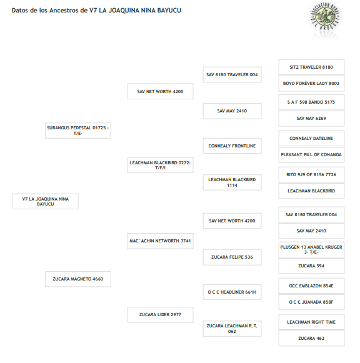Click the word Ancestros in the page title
click(x=64, y=11)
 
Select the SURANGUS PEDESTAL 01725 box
click(x=78, y=131)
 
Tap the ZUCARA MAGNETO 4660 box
click(x=78, y=279)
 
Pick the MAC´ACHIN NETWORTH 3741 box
click(x=160, y=241)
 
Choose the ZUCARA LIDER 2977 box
click(x=160, y=315)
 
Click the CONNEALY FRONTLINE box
click(x=232, y=146)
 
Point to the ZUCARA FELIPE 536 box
click(x=232, y=257)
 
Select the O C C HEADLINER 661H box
click(x=232, y=292)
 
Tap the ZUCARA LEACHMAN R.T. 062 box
click(x=232, y=329)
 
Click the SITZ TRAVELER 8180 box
click(x=311, y=67)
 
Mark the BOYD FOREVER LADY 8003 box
click(x=311, y=83)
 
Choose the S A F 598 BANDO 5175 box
click(x=311, y=102)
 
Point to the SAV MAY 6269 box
click(x=311, y=119)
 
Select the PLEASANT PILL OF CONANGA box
click(x=311, y=155)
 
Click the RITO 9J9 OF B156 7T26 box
click(x=311, y=174)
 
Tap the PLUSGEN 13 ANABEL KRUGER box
click(x=311, y=249)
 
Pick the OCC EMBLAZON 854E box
click(x=311, y=286)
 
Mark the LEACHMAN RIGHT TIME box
click(x=311, y=322)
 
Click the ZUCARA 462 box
click(x=311, y=339)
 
